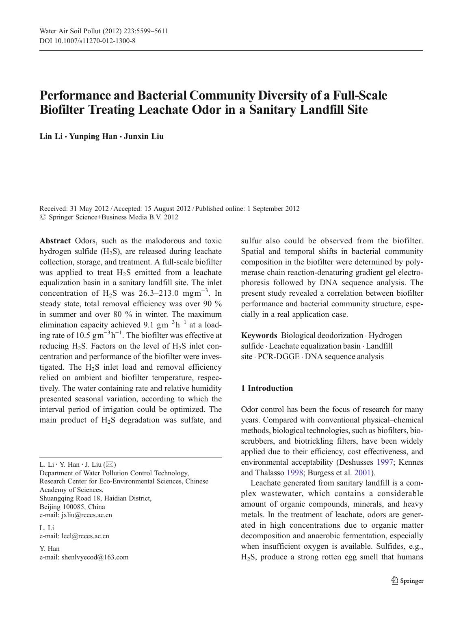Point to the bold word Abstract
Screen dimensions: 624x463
tap(55, 240)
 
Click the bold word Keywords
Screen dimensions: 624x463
tap(259, 336)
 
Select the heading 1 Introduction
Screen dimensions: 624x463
tap(267, 388)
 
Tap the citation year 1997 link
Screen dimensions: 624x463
tap(385, 462)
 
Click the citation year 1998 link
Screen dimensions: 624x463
tap(295, 473)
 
